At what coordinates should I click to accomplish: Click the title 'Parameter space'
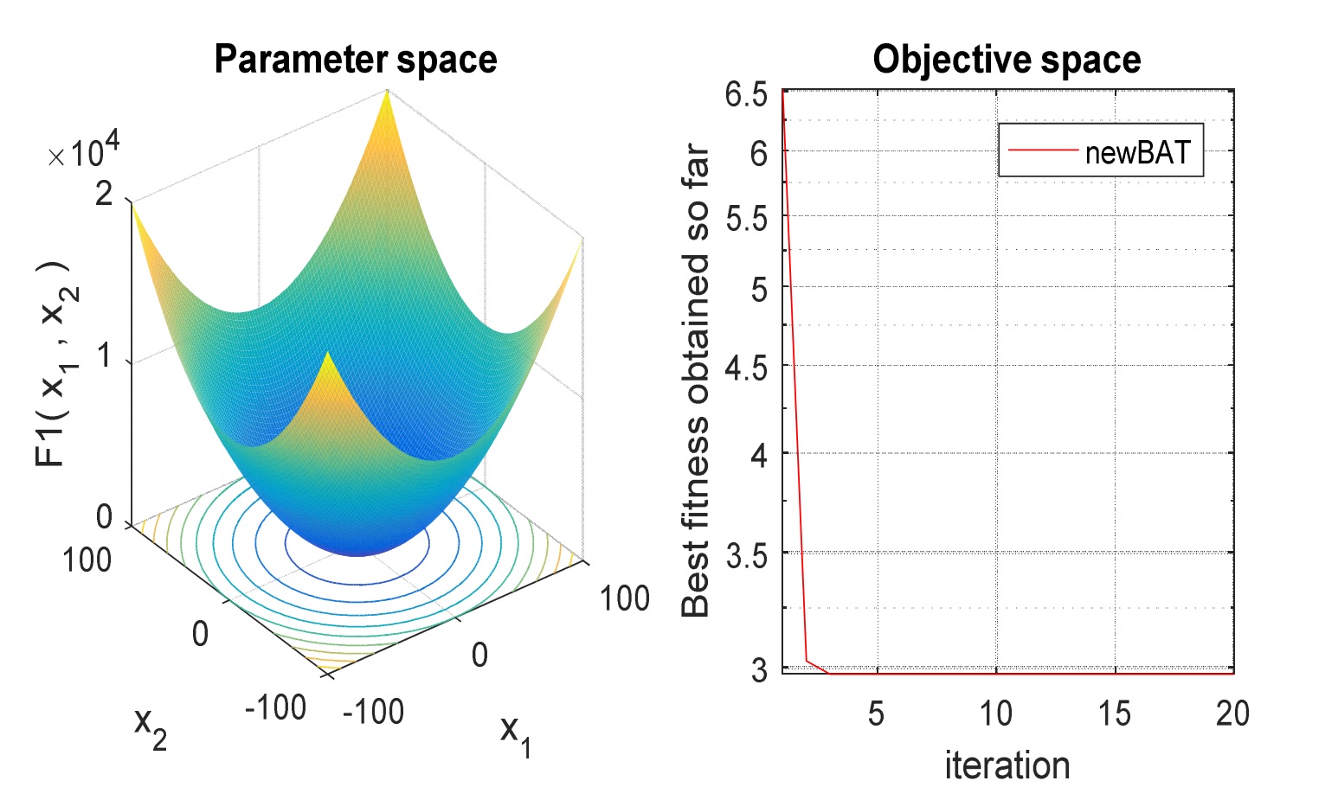click(x=356, y=61)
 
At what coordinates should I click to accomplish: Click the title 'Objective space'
click(x=1007, y=61)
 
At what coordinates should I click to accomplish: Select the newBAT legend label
click(x=1138, y=152)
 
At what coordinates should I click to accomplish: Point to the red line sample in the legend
click(x=1043, y=150)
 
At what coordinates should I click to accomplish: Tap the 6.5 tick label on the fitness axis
click(x=746, y=94)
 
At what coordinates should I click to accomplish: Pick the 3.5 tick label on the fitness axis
click(x=746, y=556)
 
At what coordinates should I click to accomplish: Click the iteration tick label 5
click(x=876, y=713)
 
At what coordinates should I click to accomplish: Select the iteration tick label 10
click(x=996, y=713)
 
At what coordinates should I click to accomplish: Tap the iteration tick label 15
click(x=1115, y=713)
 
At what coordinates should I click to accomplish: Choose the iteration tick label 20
click(x=1232, y=713)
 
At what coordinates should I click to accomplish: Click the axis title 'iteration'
click(x=1007, y=765)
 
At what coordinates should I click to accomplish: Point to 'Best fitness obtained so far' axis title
click(x=695, y=380)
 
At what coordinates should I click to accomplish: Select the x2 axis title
click(x=151, y=728)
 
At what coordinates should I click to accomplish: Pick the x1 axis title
click(x=516, y=736)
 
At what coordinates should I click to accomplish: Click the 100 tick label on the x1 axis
click(x=624, y=598)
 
